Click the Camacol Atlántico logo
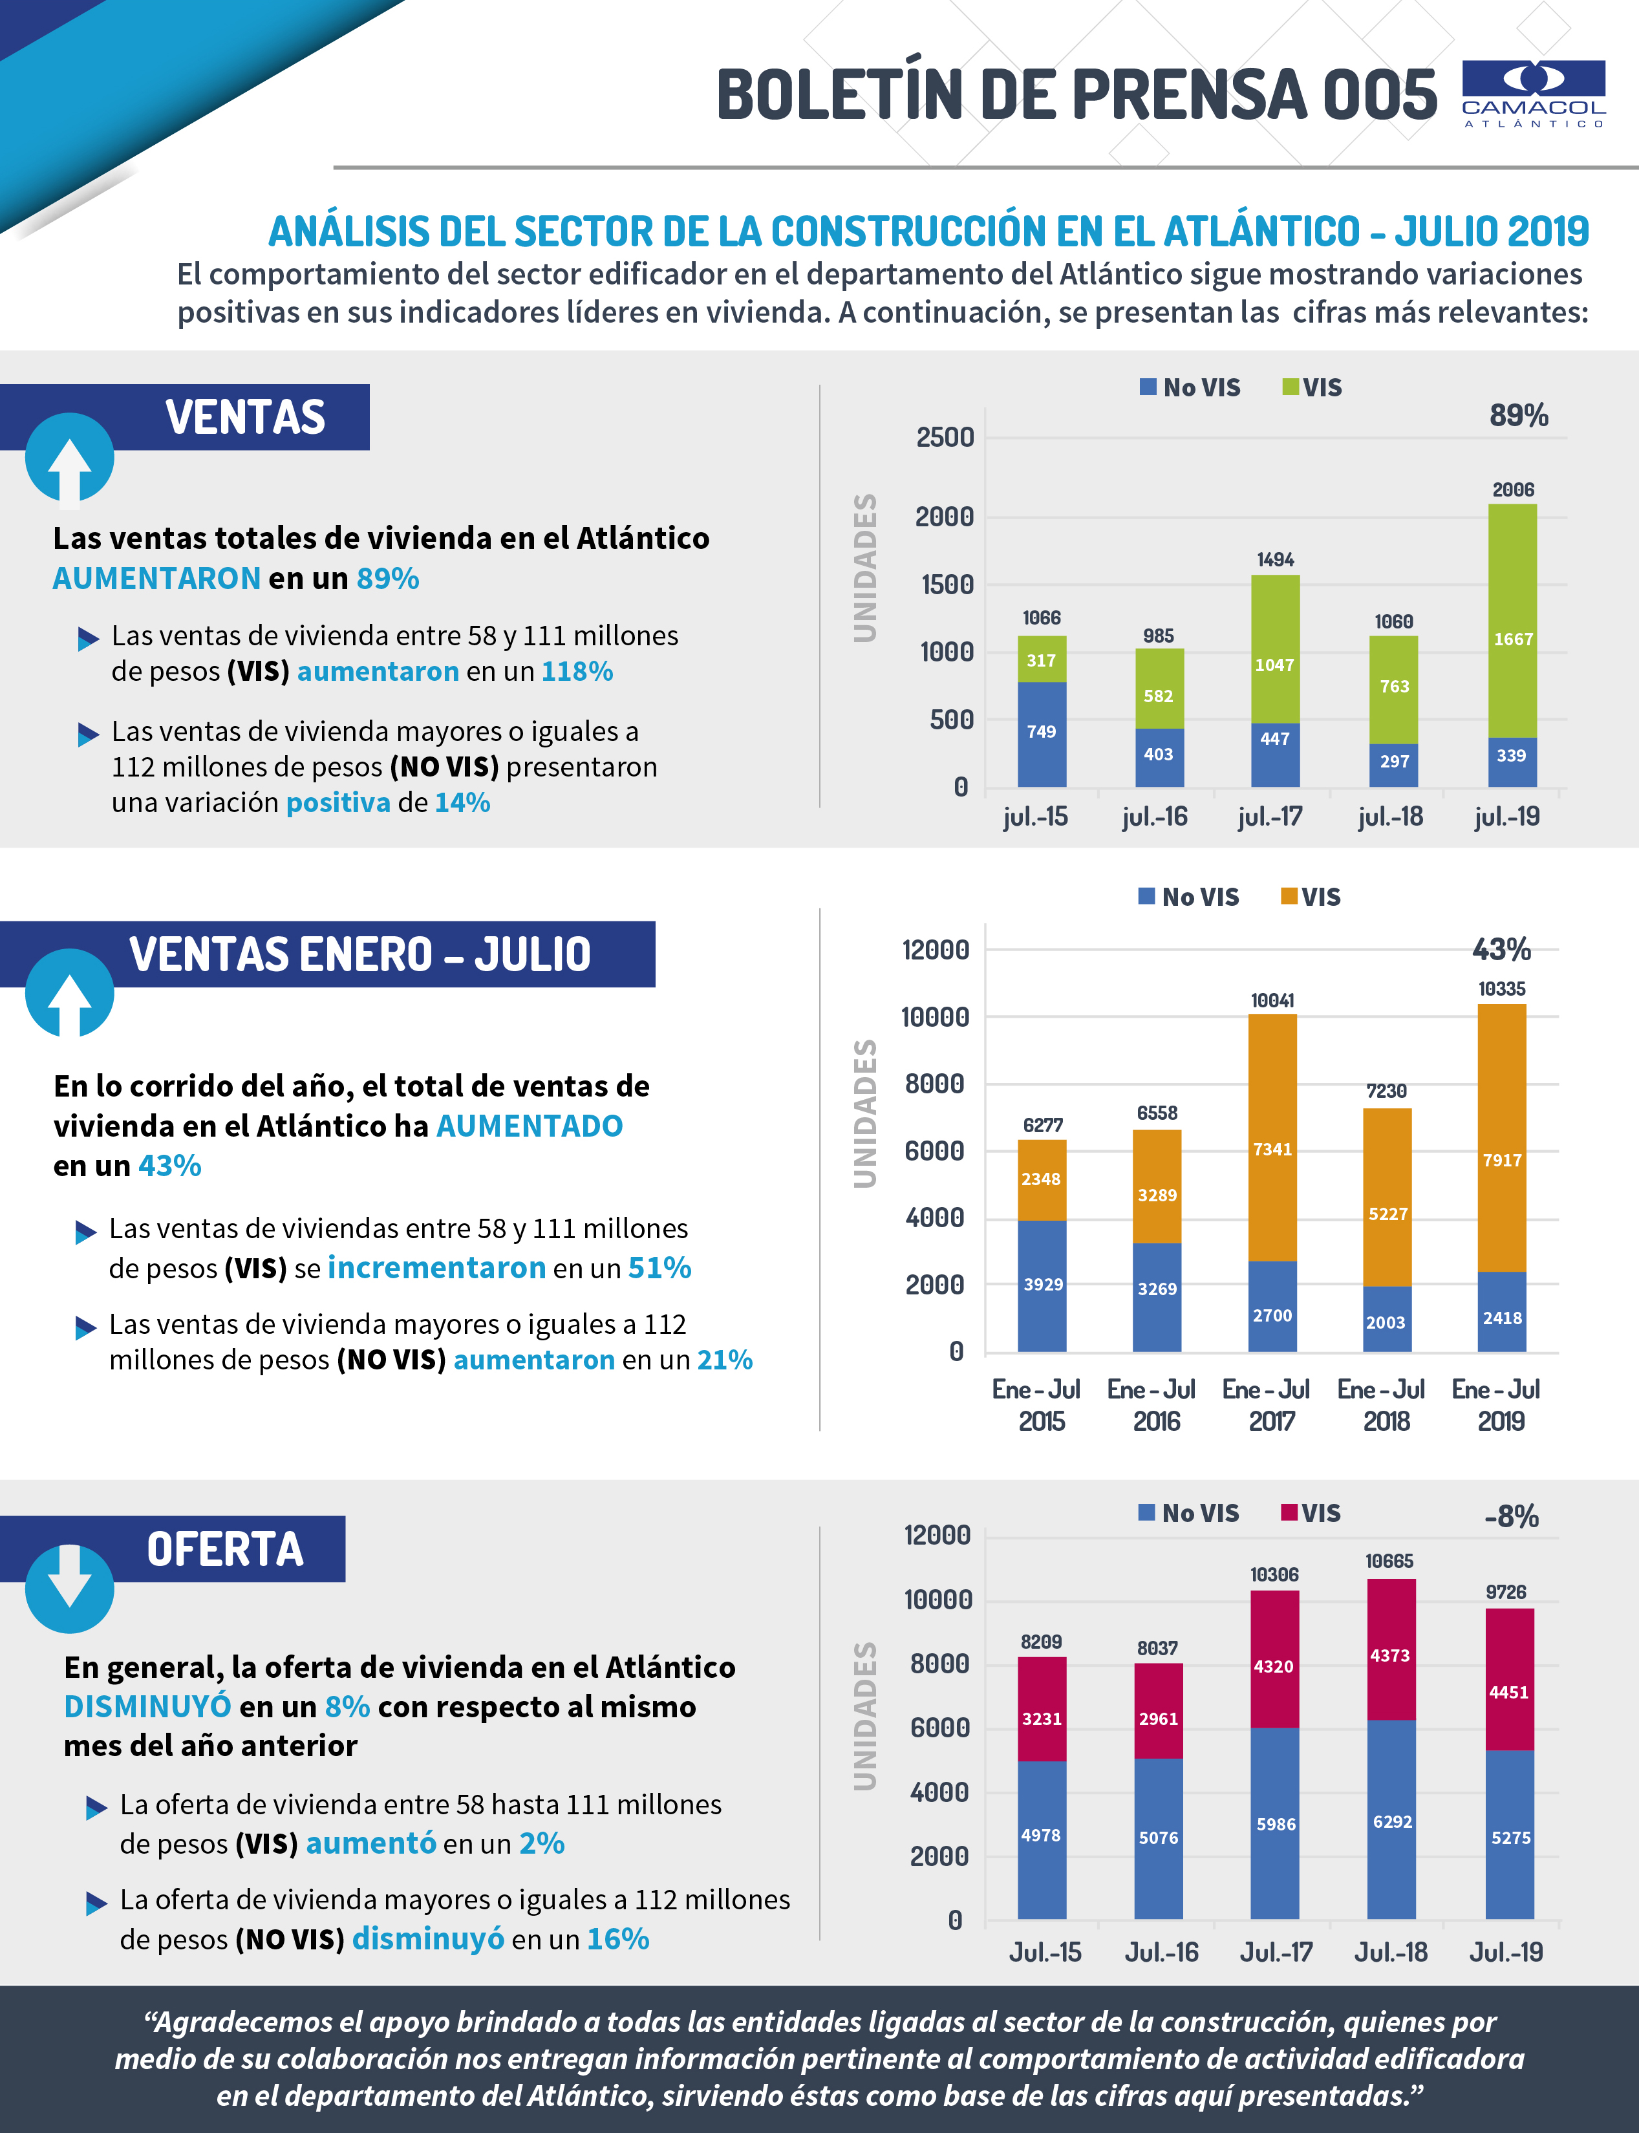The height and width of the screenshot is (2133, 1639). tap(1533, 94)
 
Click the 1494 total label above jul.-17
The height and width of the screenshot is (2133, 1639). tap(1275, 560)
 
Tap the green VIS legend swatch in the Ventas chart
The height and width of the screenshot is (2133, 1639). tap(1290, 387)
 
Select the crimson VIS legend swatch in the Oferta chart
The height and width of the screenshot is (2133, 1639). tap(1289, 1512)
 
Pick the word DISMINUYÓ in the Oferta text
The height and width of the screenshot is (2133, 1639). tap(147, 1707)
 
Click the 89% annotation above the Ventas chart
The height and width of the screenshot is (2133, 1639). tap(1518, 416)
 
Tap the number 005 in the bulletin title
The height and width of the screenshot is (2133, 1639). tap(1378, 96)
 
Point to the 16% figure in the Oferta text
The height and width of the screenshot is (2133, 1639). tap(617, 1939)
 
